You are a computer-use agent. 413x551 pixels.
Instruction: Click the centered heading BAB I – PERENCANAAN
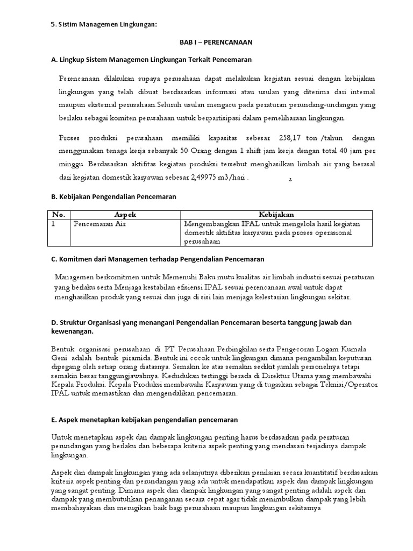(x=208, y=41)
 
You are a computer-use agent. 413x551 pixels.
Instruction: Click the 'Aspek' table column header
(x=125, y=215)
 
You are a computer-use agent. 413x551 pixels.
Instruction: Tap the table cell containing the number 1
(x=53, y=224)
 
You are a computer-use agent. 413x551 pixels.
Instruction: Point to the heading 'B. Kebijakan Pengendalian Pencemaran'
(x=113, y=197)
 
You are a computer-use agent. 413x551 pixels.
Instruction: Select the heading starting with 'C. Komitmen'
(x=158, y=259)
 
